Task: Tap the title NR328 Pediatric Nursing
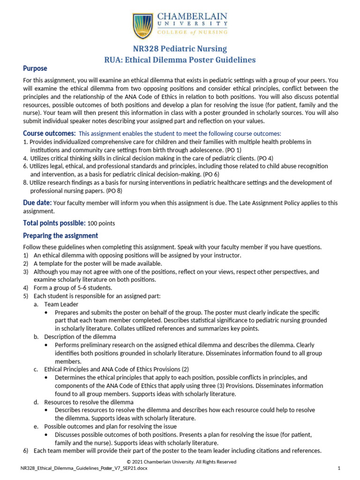coord(180,48)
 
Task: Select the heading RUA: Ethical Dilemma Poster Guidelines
coord(180,60)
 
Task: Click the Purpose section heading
coord(36,68)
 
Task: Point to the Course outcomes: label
coord(49,133)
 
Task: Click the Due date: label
coord(37,202)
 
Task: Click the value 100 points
coord(101,223)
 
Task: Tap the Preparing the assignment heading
coord(60,235)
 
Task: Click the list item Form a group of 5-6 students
coord(73,287)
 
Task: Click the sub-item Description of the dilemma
coord(80,337)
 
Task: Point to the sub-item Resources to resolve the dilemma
coord(89,402)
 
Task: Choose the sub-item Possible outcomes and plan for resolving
coord(110,426)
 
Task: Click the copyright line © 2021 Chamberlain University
coord(180,462)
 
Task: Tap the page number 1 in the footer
coord(338,468)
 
